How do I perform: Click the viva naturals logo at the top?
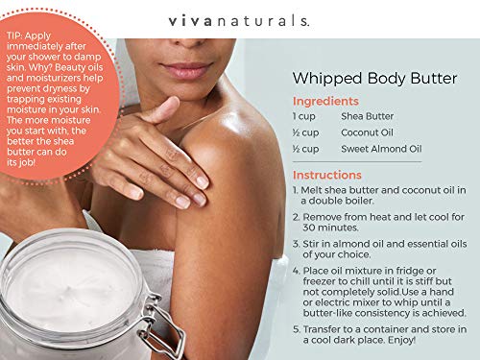pyautogui.click(x=239, y=19)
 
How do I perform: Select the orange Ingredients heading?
pyautogui.click(x=325, y=101)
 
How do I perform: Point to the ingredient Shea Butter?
pyautogui.click(x=368, y=116)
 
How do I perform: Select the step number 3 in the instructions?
pyautogui.click(x=296, y=245)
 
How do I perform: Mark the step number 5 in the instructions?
pyautogui.click(x=296, y=326)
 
